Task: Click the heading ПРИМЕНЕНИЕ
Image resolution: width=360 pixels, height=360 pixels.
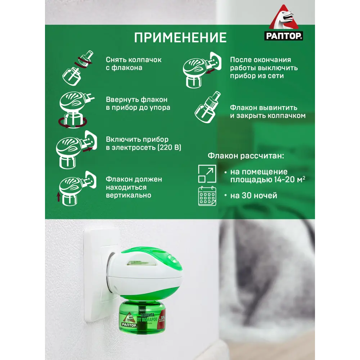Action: click(x=180, y=37)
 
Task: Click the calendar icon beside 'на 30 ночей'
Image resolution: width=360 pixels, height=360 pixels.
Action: click(x=207, y=196)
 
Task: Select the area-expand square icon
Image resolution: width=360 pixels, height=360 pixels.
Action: click(x=207, y=174)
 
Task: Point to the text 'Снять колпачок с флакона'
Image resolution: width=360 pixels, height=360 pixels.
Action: click(x=134, y=64)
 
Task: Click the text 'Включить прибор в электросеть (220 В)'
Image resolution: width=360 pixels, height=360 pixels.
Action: click(x=143, y=144)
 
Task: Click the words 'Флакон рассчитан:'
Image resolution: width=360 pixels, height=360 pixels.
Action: click(x=246, y=156)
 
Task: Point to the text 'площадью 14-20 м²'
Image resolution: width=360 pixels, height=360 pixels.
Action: click(x=268, y=180)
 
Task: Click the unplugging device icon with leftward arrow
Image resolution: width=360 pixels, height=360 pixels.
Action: click(x=201, y=69)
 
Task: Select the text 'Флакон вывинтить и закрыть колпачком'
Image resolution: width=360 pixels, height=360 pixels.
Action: click(x=267, y=112)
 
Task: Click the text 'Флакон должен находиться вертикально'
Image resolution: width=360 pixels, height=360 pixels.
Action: click(x=134, y=187)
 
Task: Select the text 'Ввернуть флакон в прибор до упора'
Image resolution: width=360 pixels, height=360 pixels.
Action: click(x=138, y=104)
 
